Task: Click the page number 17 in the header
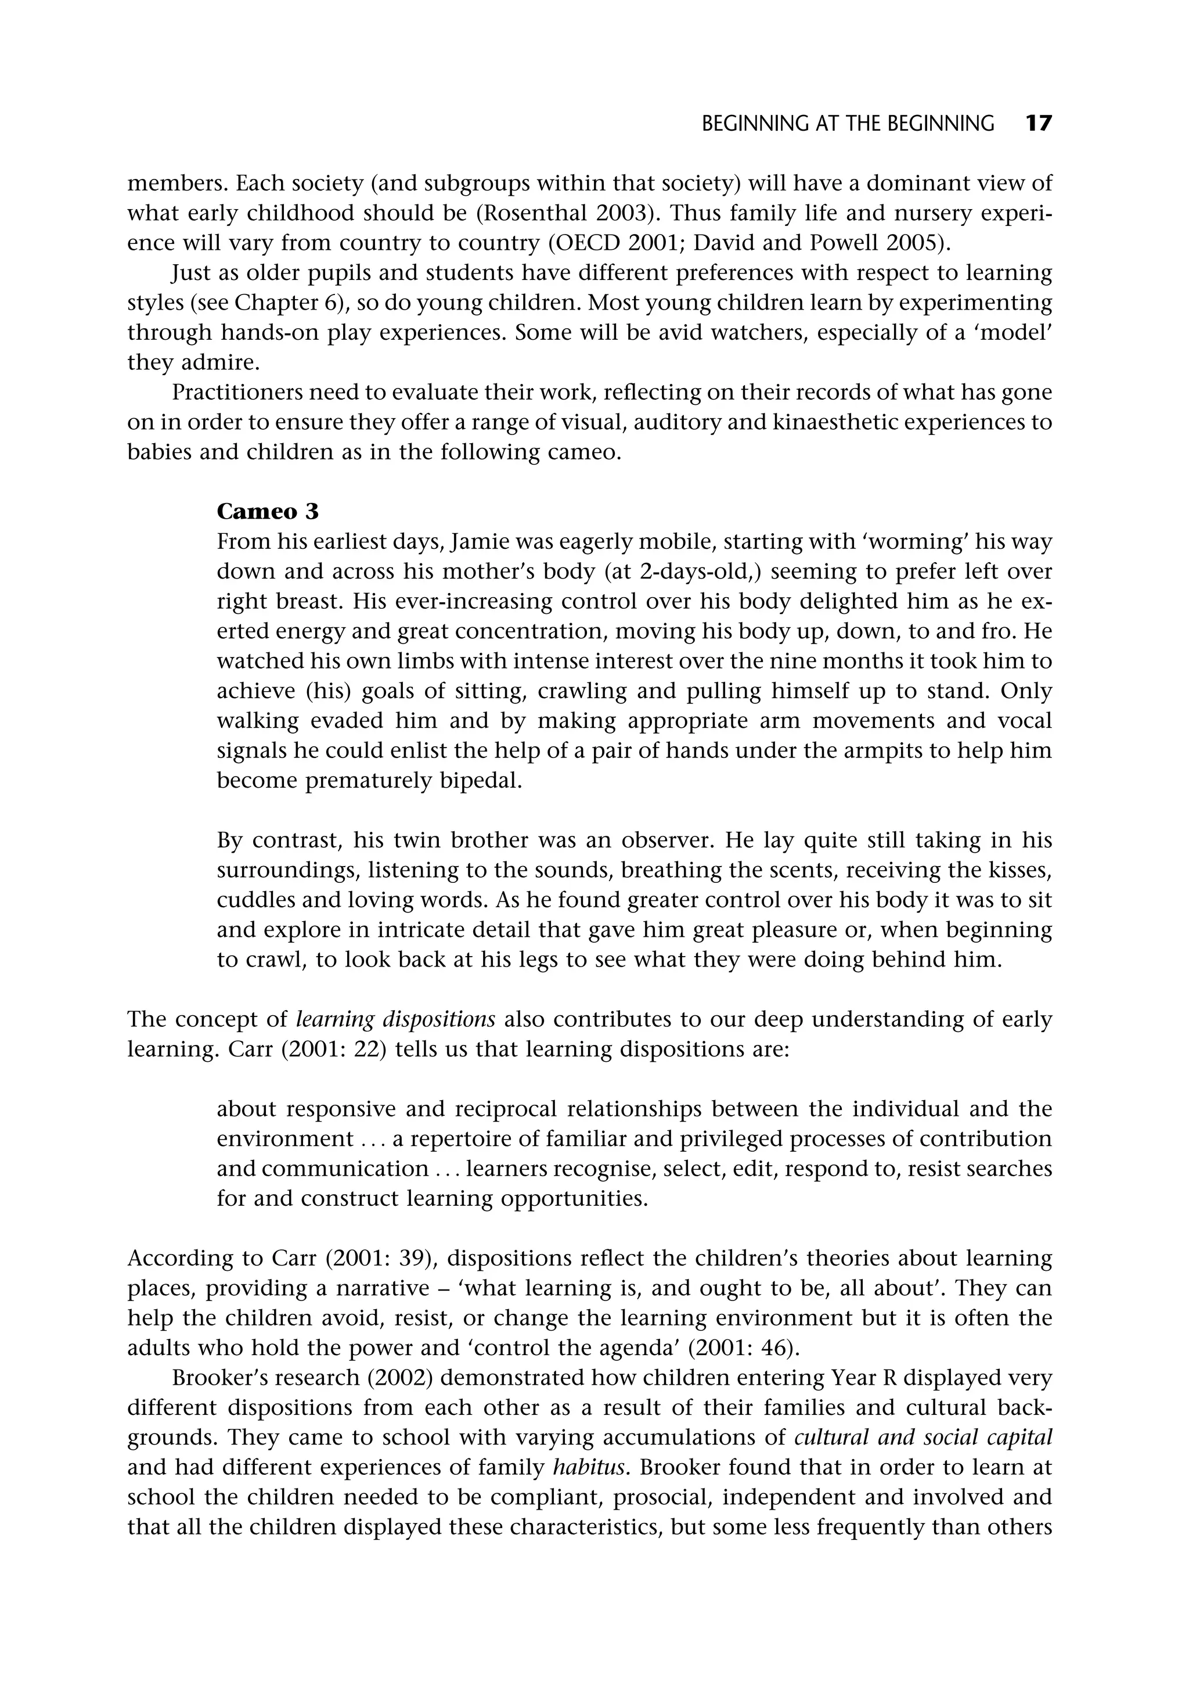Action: coord(1038,123)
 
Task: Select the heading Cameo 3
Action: coord(268,511)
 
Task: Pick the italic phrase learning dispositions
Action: coord(396,1019)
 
